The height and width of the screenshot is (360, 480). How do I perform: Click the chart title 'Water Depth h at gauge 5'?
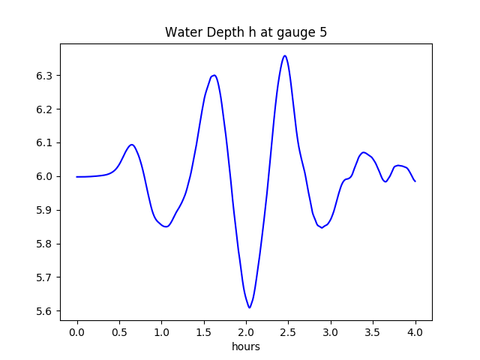point(245,32)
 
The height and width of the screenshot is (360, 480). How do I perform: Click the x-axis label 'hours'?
point(245,346)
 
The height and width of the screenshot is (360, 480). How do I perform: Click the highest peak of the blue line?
point(284,55)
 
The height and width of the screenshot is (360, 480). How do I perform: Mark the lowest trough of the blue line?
point(249,307)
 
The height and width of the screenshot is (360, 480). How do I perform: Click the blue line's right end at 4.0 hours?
point(415,181)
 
